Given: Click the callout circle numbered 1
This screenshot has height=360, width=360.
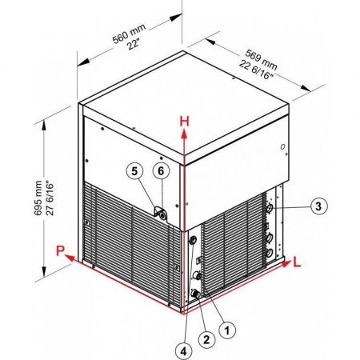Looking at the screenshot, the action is (x=227, y=330).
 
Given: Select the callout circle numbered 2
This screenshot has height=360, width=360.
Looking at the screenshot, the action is (x=206, y=340).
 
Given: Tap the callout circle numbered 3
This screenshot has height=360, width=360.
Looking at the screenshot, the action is (x=318, y=206).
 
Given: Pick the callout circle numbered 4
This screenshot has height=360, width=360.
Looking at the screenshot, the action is (x=184, y=351).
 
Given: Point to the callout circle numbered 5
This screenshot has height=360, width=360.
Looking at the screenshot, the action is (x=134, y=171).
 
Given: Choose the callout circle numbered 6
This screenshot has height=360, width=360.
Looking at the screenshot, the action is (x=161, y=171).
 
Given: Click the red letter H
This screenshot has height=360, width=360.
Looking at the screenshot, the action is (x=184, y=122).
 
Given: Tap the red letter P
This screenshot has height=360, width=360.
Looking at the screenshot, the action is (x=61, y=251).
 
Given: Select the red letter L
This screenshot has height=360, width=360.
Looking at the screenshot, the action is (x=297, y=262).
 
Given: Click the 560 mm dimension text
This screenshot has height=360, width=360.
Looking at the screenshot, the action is (x=129, y=34).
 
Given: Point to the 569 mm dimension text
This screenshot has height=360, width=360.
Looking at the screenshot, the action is (x=261, y=59).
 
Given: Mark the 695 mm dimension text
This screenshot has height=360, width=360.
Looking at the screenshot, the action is (x=38, y=198).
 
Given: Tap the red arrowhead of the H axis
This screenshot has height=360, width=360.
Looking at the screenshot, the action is (x=184, y=134).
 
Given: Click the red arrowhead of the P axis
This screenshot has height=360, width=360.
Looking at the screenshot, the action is (x=70, y=258).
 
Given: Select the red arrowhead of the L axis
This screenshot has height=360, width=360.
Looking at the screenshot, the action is (x=287, y=264).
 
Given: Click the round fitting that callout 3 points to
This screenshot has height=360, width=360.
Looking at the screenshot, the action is (x=270, y=208).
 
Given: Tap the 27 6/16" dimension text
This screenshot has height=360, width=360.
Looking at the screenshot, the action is (x=50, y=198).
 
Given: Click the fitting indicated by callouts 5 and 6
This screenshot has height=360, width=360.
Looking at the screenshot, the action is (x=161, y=214).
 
